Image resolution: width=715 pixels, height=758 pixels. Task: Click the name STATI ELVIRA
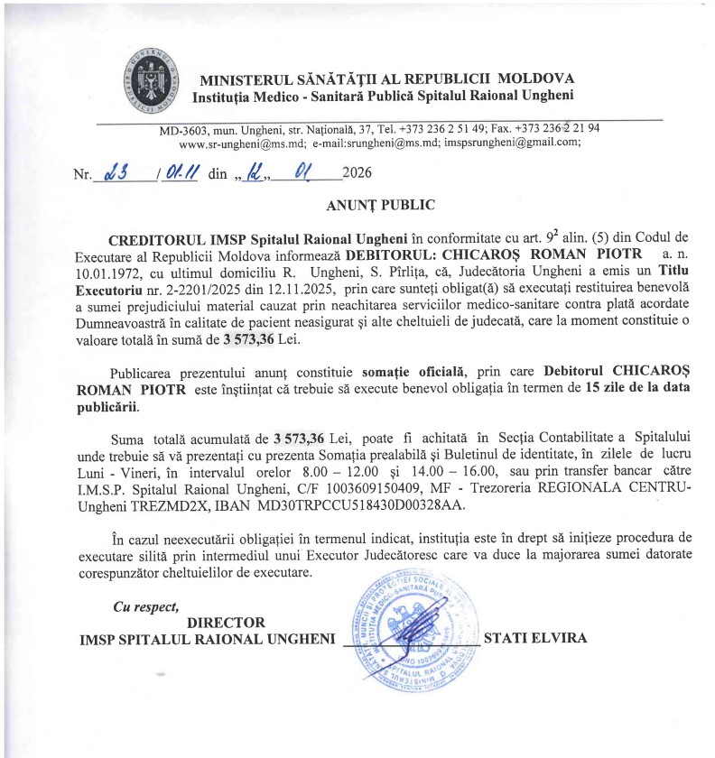coord(535,638)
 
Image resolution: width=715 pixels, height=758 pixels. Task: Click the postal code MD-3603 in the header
coord(182,129)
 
